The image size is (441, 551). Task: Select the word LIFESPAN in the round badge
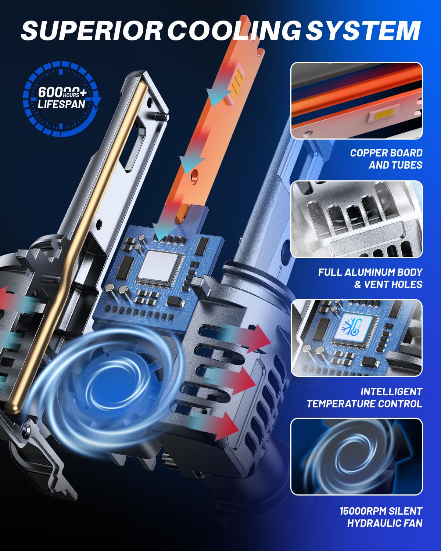[61, 104]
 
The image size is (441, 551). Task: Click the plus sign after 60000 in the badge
[83, 93]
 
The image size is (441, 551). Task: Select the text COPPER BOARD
[386, 153]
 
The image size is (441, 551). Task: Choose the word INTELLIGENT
[391, 392]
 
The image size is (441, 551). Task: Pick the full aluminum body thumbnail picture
[356, 219]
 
